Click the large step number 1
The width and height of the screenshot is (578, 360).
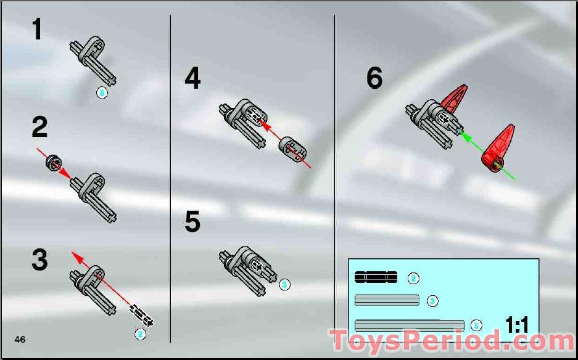[x=38, y=30]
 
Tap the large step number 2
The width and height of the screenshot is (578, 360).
[x=39, y=127]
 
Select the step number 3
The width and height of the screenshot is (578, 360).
[x=39, y=260]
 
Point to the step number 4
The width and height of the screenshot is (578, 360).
[x=192, y=78]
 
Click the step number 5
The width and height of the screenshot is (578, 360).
[x=192, y=222]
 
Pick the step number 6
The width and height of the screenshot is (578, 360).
[x=374, y=78]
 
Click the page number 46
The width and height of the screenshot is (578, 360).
[x=20, y=339]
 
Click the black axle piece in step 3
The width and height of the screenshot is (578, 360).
[x=142, y=314]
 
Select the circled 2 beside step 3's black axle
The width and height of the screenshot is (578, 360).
[x=141, y=334]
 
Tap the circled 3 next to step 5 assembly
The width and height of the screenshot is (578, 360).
[x=284, y=284]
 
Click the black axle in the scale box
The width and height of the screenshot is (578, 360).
[x=376, y=277]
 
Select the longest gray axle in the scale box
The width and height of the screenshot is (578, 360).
[x=410, y=325]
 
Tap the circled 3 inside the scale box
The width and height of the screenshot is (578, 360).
[x=432, y=301]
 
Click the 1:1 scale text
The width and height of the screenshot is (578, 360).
[x=517, y=325]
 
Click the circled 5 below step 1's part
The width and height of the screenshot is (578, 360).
[x=102, y=92]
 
